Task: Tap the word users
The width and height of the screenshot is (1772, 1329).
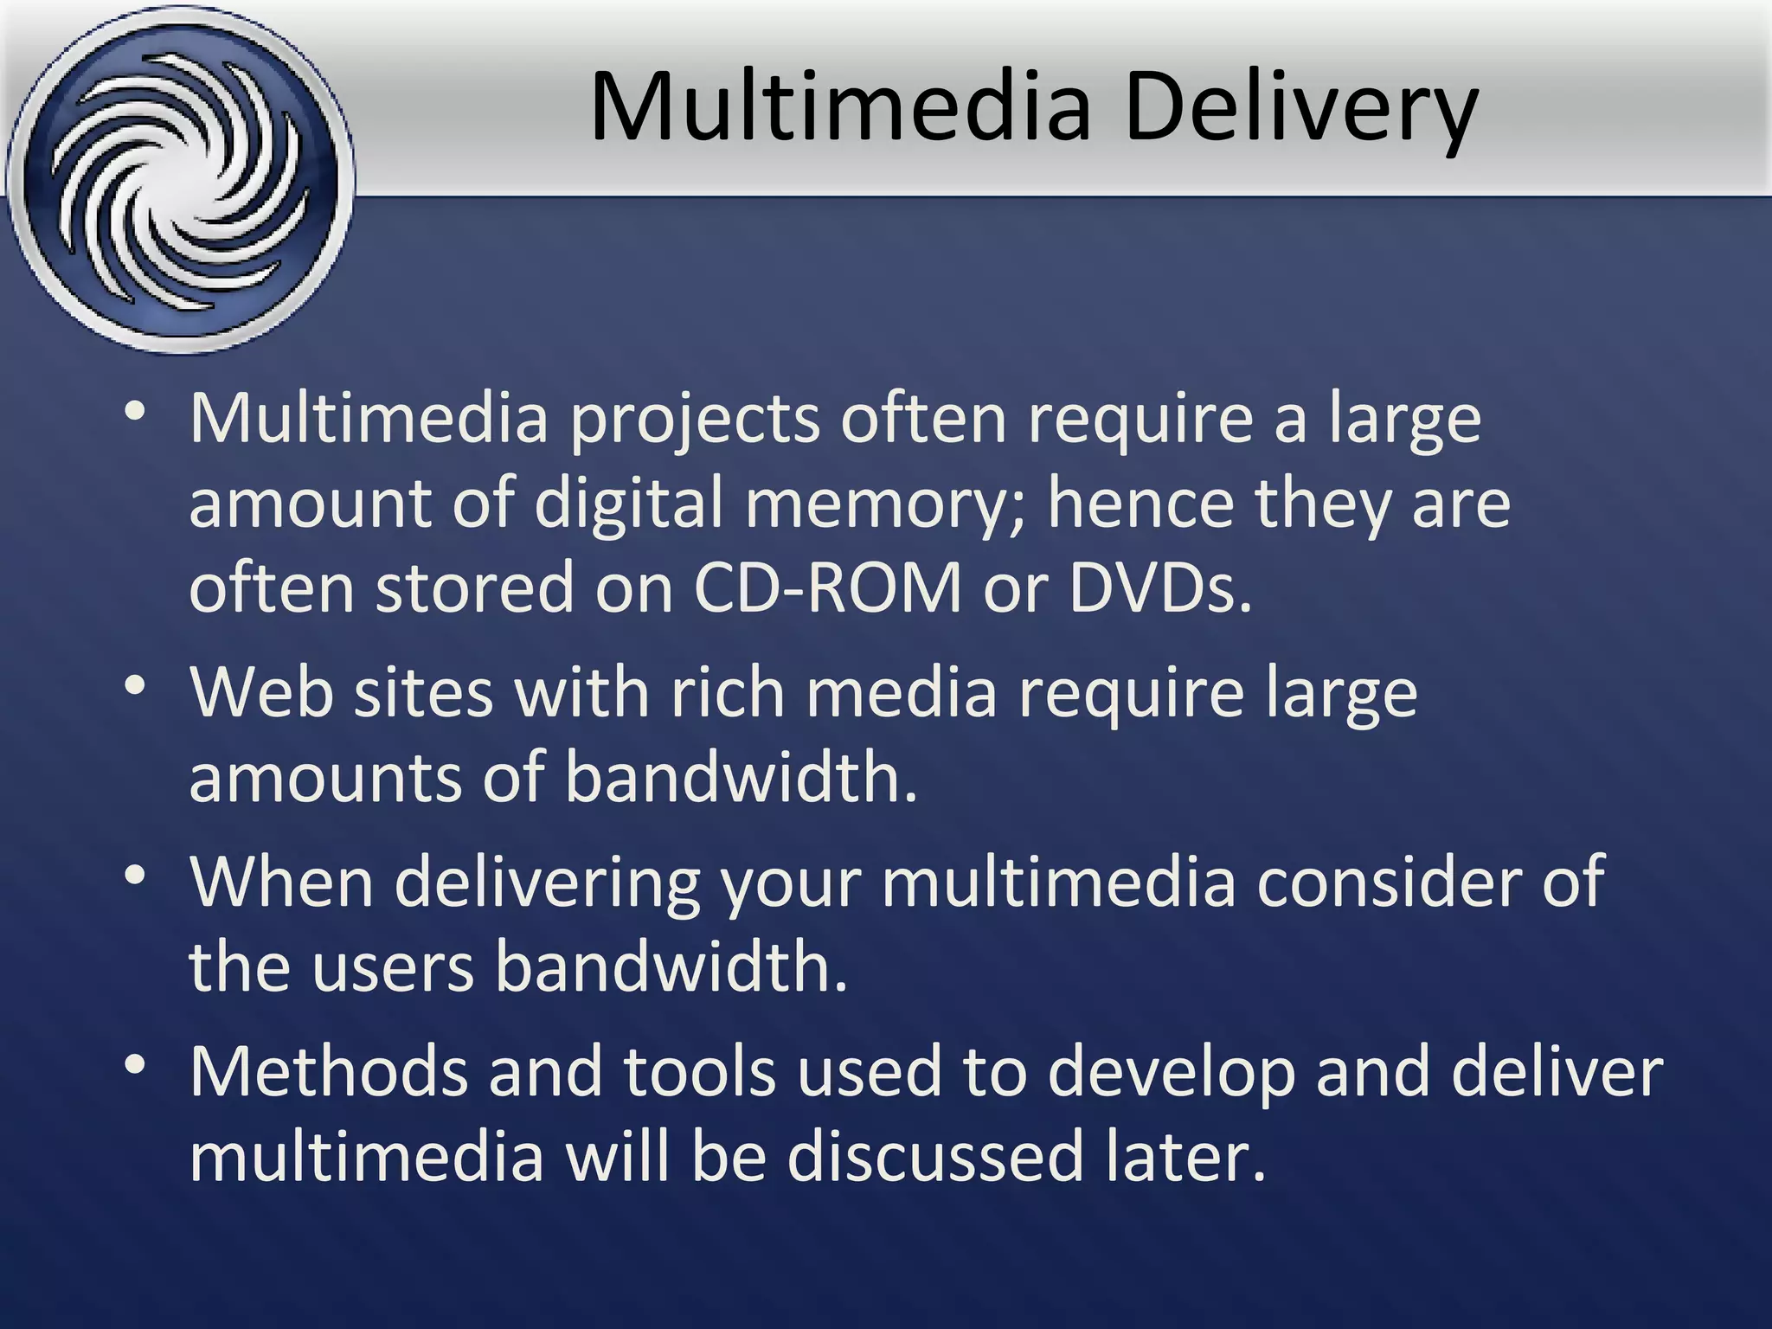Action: pos(393,966)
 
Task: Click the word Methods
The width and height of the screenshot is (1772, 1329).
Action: pos(329,1071)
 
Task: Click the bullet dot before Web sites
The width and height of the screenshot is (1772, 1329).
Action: pos(134,687)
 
